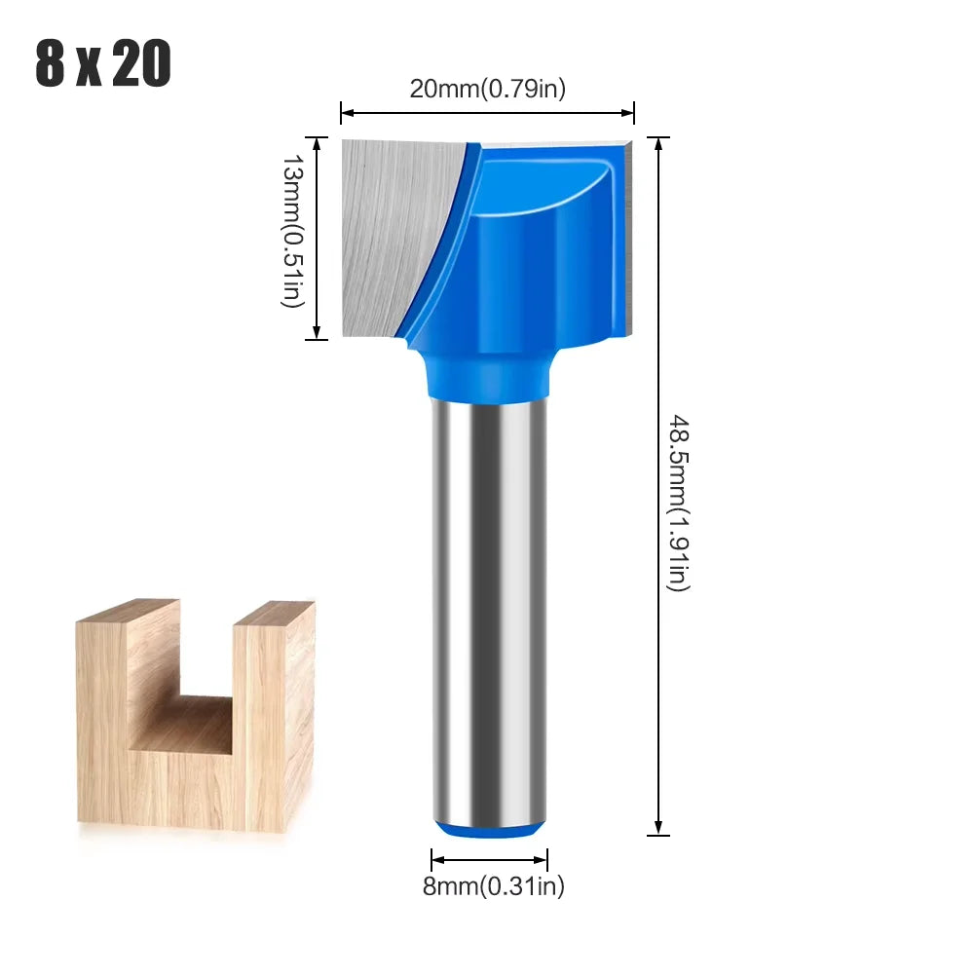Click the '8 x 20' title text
tap(103, 64)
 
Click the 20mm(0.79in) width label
tap(487, 89)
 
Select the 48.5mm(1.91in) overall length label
tap(678, 502)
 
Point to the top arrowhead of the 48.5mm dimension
tap(659, 143)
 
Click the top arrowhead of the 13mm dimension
tap(317, 141)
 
